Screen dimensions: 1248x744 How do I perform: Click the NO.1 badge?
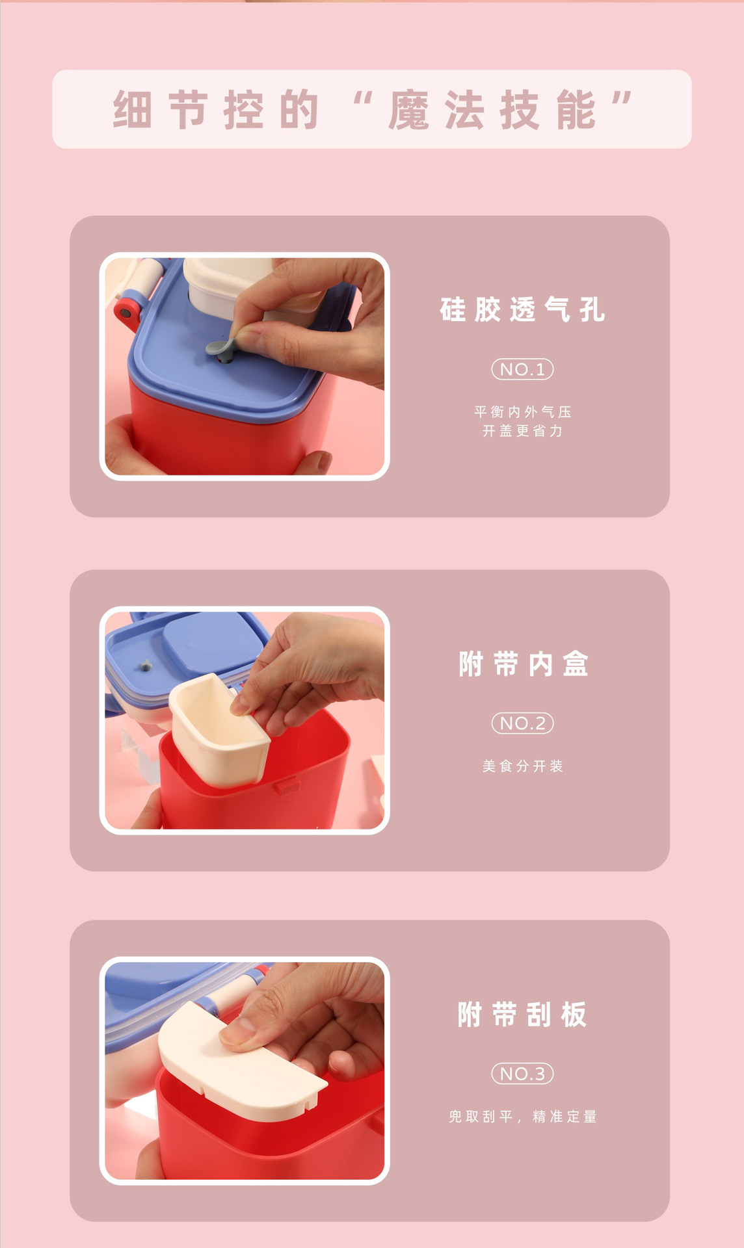522,369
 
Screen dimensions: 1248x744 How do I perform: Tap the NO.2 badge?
522,723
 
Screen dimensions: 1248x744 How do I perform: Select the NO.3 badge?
522,1074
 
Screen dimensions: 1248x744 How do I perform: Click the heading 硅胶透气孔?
522,309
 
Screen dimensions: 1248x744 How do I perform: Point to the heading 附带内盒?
523,664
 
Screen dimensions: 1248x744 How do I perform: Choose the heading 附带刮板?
522,1015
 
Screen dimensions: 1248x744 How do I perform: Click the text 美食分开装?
522,766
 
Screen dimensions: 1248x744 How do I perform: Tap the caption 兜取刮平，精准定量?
522,1117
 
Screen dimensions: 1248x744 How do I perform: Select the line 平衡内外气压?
522,411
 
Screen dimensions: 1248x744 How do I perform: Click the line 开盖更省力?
522,431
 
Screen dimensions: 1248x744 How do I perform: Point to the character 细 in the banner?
133,110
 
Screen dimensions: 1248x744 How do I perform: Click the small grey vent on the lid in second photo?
146,665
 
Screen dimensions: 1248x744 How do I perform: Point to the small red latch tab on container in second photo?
287,786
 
